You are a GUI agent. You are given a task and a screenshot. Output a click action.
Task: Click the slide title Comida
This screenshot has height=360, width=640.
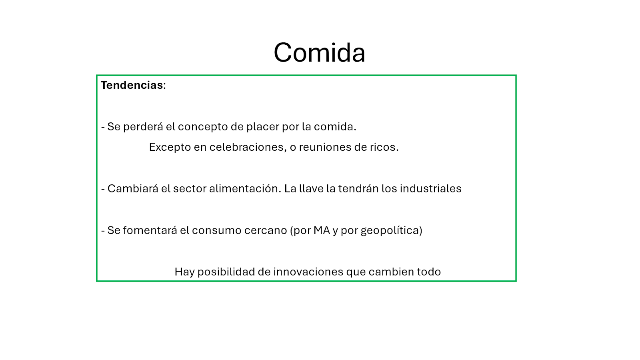(x=320, y=52)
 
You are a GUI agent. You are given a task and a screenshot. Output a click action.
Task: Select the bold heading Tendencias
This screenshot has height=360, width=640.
(x=132, y=85)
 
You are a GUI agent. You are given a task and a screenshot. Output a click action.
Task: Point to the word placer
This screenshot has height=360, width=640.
(x=262, y=127)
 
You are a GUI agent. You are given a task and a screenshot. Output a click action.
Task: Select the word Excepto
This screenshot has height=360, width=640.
(x=170, y=148)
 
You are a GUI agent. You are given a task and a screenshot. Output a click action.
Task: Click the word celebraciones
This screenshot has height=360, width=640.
(x=248, y=147)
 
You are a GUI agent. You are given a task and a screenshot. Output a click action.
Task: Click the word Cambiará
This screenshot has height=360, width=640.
(x=133, y=188)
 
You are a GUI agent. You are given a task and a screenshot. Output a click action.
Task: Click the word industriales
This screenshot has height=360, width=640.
(x=430, y=188)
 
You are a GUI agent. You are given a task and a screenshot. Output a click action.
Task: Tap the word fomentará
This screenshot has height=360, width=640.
(x=150, y=230)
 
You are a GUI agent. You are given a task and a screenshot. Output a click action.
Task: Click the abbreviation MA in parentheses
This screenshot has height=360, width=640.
(x=322, y=230)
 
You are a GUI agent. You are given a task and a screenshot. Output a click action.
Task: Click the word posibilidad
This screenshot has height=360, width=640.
(x=226, y=272)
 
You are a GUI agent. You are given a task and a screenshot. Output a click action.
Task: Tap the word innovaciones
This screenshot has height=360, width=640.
(x=308, y=272)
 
